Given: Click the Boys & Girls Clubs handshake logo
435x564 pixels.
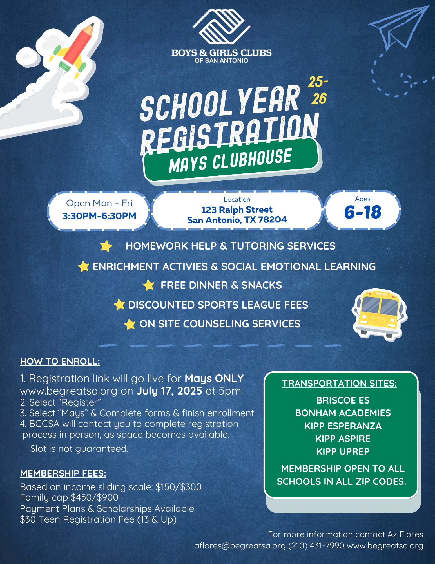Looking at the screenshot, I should [x=221, y=27].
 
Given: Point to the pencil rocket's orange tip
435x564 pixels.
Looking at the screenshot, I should [x=90, y=28].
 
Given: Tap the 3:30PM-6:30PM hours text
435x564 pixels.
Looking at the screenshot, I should [x=99, y=216].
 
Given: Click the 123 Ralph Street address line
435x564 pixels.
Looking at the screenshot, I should [x=237, y=210].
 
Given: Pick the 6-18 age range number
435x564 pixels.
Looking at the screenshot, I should [x=363, y=212].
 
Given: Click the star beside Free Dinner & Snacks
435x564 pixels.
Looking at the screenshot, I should [x=148, y=285].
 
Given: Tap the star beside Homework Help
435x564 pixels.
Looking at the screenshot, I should [x=106, y=246].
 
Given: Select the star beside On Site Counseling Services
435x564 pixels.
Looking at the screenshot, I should [x=130, y=324].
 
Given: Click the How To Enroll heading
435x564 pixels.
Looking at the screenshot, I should [x=60, y=362].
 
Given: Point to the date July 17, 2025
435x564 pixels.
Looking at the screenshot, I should [x=169, y=391].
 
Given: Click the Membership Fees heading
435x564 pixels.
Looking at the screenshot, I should [x=63, y=473].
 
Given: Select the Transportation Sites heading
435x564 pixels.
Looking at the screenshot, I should [x=340, y=384].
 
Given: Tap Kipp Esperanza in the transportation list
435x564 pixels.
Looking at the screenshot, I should [x=343, y=426].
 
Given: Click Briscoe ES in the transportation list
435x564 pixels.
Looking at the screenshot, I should [x=343, y=400].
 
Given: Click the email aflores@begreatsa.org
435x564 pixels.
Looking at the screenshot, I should [x=240, y=546].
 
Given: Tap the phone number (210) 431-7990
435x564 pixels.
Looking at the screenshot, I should [x=316, y=546].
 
